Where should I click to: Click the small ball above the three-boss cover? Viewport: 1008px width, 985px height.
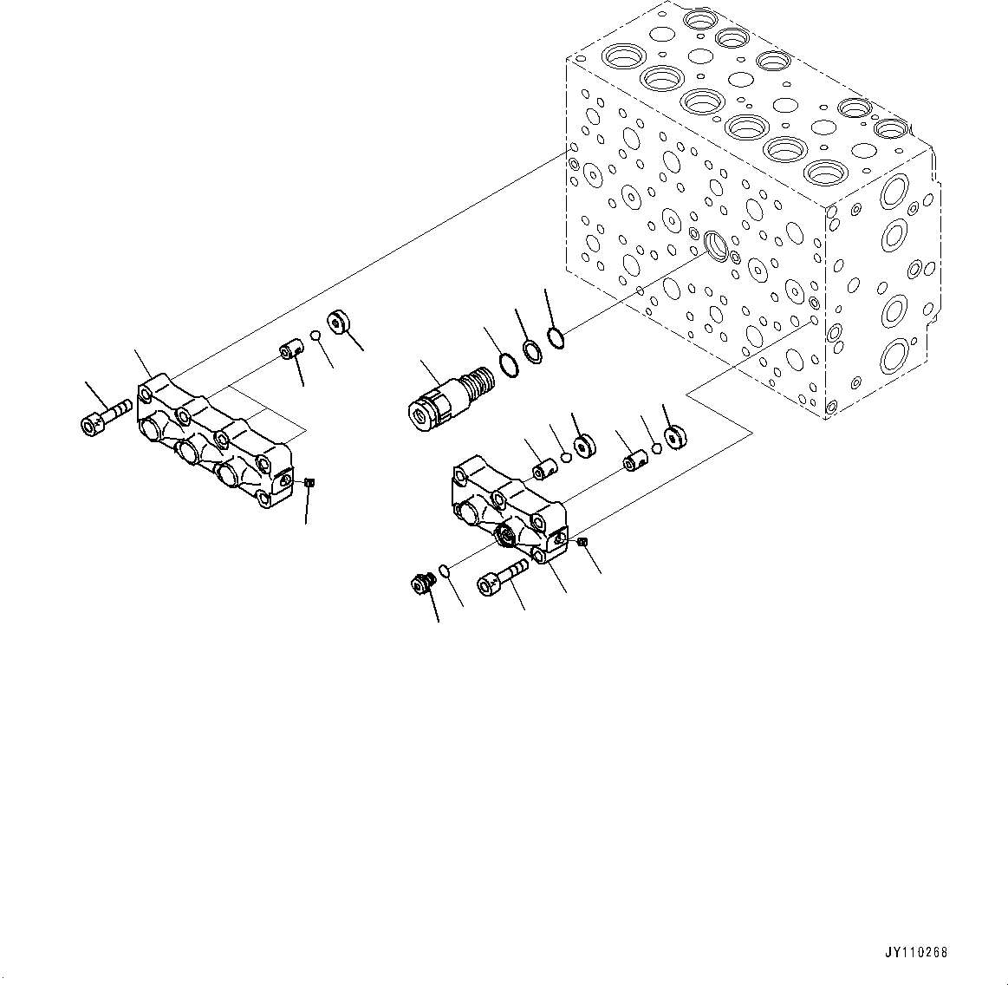pyautogui.click(x=317, y=337)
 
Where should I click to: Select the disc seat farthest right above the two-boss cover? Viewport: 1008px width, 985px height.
pyautogui.click(x=674, y=437)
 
